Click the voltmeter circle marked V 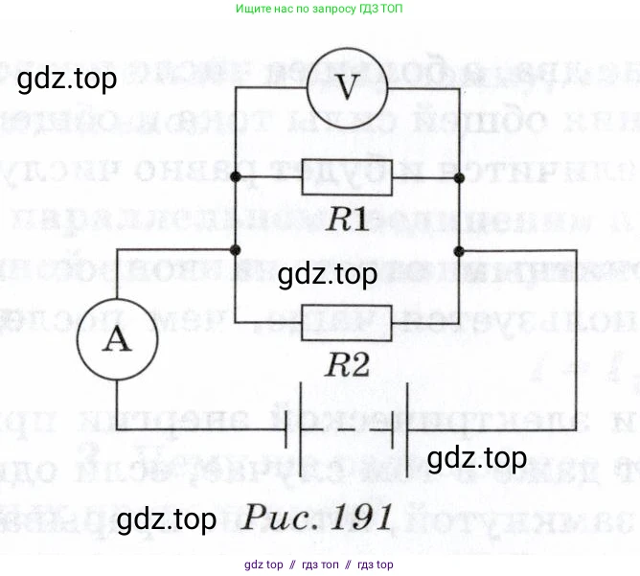coord(348,87)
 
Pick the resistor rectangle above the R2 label coord(347,322)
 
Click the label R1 coord(347,219)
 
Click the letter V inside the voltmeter coord(348,88)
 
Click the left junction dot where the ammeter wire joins coord(235,250)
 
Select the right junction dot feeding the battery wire coord(460,250)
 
